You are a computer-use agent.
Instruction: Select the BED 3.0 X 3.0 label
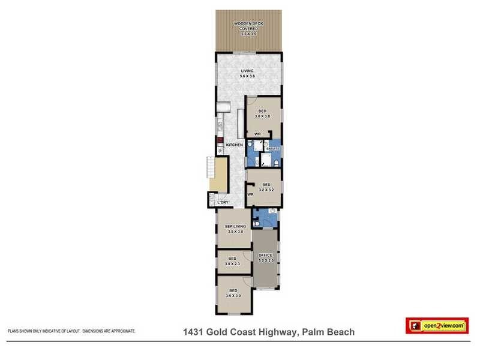(263, 113)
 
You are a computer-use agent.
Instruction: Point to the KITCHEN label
(234, 145)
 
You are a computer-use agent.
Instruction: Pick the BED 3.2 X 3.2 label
(266, 187)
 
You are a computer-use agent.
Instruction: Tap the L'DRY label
(223, 202)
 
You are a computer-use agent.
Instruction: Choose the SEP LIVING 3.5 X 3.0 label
(234, 229)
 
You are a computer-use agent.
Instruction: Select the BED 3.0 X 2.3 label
(232, 262)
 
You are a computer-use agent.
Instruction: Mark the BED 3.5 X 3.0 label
(233, 294)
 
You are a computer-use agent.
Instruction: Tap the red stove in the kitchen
(220, 143)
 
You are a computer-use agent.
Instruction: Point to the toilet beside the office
(257, 223)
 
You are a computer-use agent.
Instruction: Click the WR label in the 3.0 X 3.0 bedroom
(257, 134)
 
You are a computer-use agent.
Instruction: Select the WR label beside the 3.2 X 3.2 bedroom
(250, 195)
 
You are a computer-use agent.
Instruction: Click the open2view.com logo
(437, 325)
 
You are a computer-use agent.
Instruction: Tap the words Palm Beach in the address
(329, 332)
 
